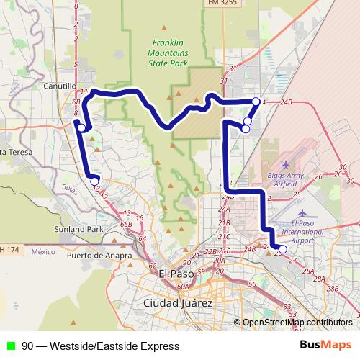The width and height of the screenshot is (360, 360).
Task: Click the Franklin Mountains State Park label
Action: click(168, 53)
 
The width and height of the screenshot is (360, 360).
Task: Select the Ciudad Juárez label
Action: click(178, 302)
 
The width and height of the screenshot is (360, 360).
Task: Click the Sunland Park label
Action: click(79, 230)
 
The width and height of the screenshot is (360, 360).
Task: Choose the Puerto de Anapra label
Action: click(99, 255)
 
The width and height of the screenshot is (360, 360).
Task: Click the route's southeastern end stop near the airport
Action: click(282, 249)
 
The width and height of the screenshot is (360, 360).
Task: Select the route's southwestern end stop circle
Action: click(94, 181)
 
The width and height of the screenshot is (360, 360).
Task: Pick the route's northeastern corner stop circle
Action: click(256, 102)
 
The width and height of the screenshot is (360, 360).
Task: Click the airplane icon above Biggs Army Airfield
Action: click(287, 165)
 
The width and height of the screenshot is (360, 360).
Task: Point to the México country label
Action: click(43, 252)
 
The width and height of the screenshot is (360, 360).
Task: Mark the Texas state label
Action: click(70, 188)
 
